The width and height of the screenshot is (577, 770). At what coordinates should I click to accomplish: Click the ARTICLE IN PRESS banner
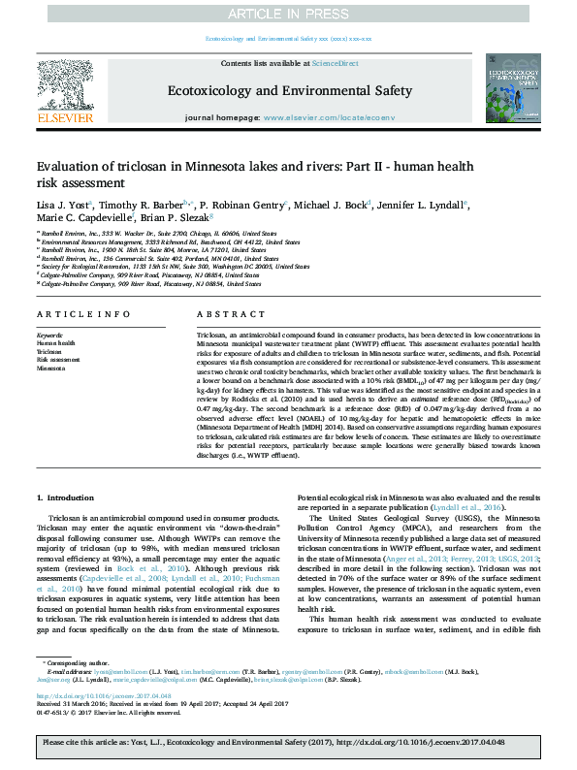(x=288, y=14)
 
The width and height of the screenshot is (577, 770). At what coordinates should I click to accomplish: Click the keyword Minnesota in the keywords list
(x=51, y=369)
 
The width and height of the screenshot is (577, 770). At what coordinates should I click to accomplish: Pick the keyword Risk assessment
(x=57, y=360)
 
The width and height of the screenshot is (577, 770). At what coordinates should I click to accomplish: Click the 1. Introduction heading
(x=67, y=497)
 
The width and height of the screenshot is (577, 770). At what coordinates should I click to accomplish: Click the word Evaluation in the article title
(x=71, y=166)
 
